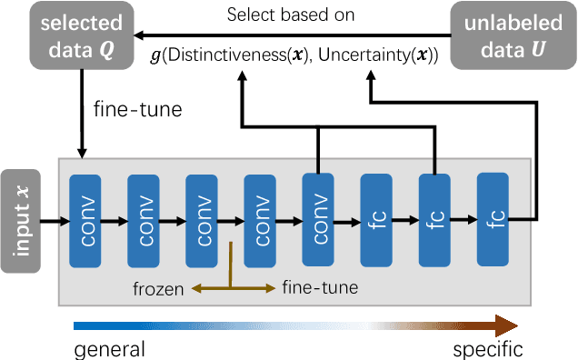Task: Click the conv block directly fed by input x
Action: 86,219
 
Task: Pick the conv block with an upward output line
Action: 319,219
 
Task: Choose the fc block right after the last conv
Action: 377,219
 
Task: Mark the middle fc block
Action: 435,219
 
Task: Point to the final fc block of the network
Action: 493,219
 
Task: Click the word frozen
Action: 159,289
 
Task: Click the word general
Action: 108,349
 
